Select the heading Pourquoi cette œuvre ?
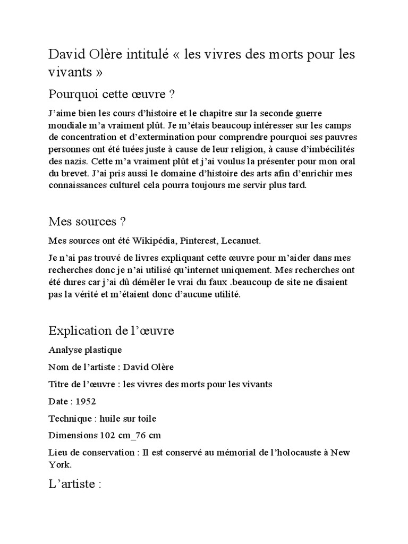point(112,95)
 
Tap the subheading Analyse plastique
point(85,350)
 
